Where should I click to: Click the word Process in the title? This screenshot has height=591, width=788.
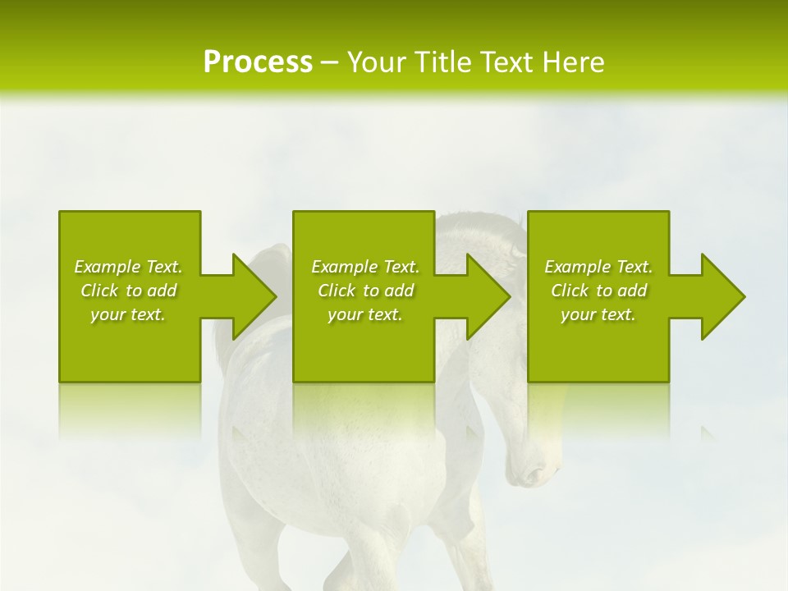click(x=258, y=62)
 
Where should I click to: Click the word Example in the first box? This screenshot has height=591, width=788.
click(x=107, y=267)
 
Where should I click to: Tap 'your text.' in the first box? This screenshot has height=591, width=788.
click(x=128, y=314)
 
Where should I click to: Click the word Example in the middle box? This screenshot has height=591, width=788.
click(x=344, y=267)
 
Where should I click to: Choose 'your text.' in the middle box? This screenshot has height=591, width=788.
click(x=365, y=314)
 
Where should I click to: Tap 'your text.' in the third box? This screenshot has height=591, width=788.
click(x=598, y=314)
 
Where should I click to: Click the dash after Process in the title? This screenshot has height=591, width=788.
click(x=330, y=62)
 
